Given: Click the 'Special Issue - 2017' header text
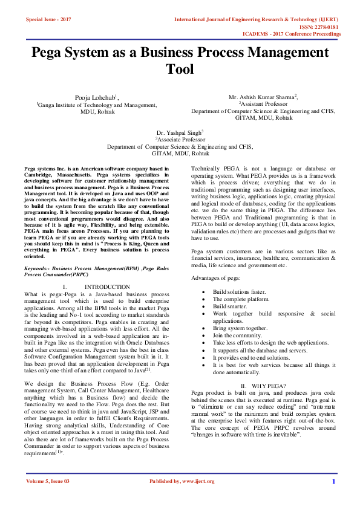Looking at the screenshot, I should (x=48, y=20).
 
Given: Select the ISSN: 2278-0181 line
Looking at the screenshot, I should (x=320, y=27).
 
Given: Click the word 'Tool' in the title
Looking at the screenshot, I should (x=180, y=70).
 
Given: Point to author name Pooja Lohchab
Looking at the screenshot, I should (x=96, y=97).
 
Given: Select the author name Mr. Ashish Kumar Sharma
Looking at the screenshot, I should (x=262, y=97).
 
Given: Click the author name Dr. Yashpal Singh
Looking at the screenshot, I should (x=179, y=132).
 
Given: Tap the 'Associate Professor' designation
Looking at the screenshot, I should (x=180, y=139).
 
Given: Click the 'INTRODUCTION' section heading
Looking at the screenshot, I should (x=107, y=287).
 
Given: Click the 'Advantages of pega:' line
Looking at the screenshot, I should (x=216, y=277).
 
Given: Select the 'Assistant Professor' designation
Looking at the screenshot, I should (x=262, y=104).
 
